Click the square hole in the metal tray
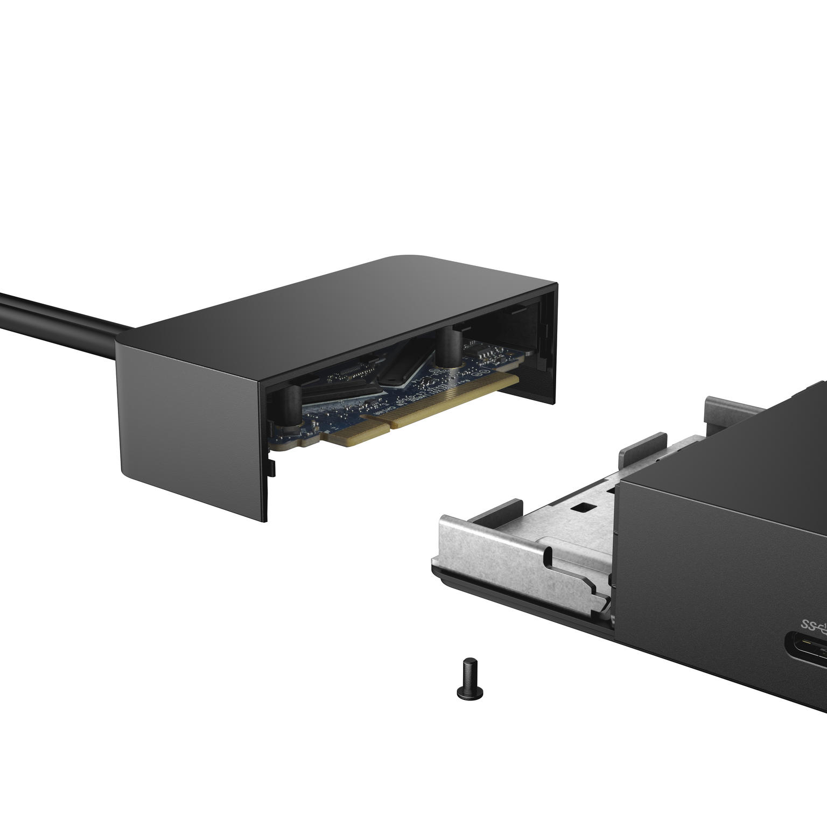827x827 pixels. coord(581,507)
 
